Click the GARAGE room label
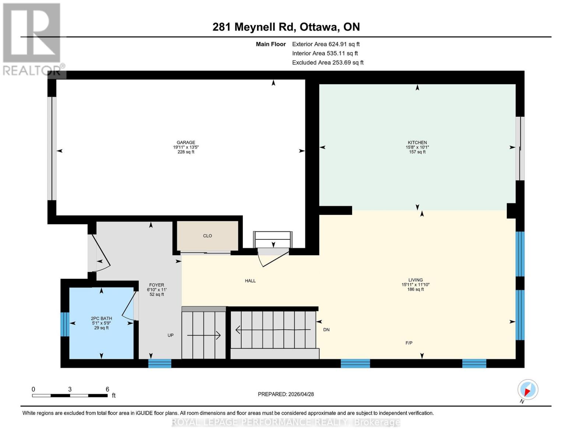186,143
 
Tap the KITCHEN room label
417,143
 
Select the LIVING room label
415,280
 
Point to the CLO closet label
207,236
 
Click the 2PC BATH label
101,319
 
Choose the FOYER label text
157,285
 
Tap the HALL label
250,281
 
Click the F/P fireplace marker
409,343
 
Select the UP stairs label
171,335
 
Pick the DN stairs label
326,330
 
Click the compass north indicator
527,390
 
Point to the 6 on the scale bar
107,389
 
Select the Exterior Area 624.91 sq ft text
326,44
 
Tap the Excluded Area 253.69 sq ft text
327,63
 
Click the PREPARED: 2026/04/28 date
286,394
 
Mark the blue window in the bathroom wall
65,324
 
